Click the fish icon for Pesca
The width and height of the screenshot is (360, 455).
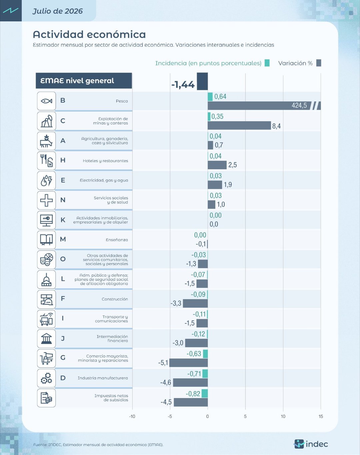(x=46, y=101)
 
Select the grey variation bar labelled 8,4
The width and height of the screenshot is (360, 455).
(x=239, y=125)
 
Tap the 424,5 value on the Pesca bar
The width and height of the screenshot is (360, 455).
(x=299, y=105)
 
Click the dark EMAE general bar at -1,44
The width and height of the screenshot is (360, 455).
(x=202, y=81)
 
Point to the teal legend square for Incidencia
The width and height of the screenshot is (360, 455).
(x=267, y=63)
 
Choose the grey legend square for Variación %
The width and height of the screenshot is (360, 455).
(x=319, y=63)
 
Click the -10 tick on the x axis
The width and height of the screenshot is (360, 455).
(x=132, y=416)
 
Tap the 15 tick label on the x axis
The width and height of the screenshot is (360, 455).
(x=321, y=416)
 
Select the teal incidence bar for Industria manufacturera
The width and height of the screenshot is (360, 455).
(x=205, y=374)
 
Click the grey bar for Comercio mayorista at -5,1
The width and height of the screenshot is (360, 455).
(x=188, y=363)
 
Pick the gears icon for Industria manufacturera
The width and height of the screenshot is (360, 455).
(x=46, y=378)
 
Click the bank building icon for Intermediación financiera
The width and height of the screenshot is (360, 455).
(x=46, y=338)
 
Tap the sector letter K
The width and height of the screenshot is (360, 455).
(x=63, y=220)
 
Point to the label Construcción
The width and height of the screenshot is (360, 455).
(x=115, y=299)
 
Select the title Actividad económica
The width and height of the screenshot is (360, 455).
(x=89, y=34)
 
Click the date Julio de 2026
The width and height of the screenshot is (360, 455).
(x=58, y=11)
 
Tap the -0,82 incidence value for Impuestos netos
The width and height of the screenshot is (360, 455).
(x=193, y=393)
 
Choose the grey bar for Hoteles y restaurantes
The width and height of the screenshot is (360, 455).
(x=217, y=165)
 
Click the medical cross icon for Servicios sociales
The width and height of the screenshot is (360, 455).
(x=46, y=200)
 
